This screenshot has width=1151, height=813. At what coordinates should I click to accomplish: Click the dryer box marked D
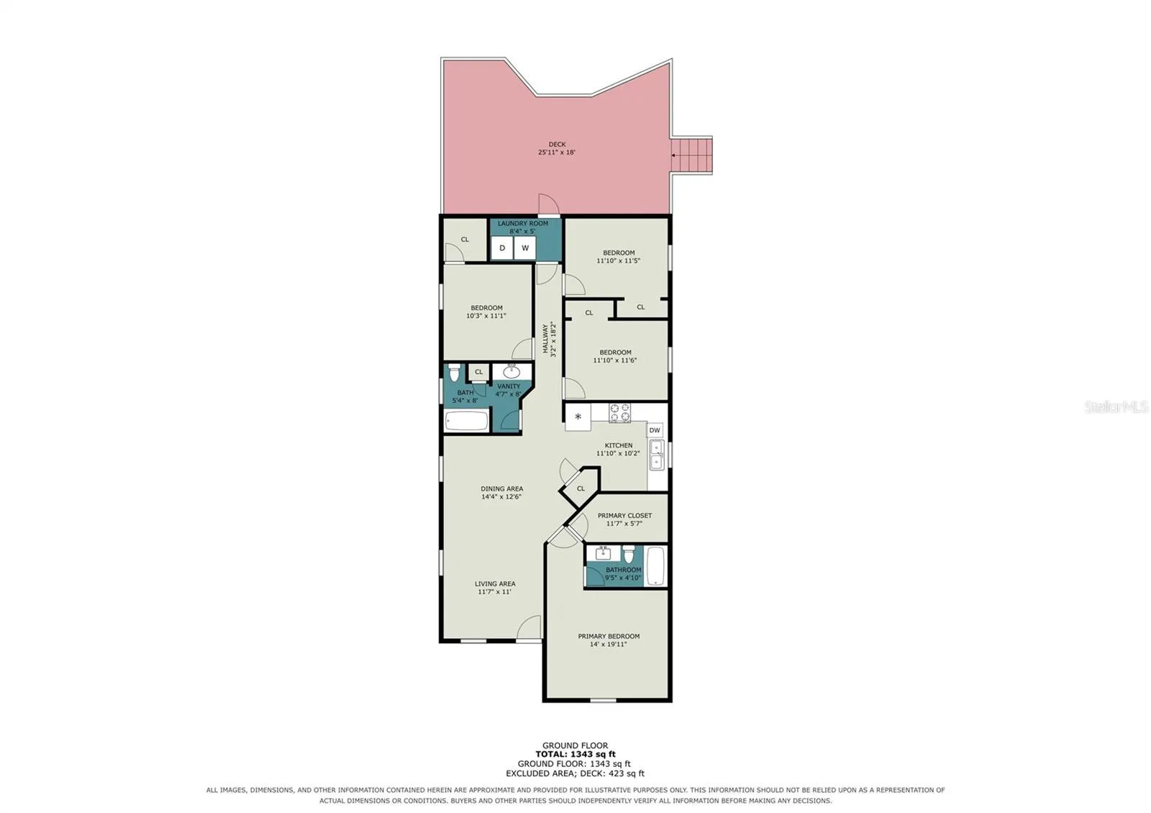pos(502,247)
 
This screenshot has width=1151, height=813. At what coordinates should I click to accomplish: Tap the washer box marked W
pos(524,247)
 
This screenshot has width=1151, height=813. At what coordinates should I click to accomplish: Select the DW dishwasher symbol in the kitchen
pos(654,430)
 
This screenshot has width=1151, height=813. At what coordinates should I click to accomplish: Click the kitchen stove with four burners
pos(619,413)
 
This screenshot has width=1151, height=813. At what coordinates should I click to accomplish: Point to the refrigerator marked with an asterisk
pos(578,417)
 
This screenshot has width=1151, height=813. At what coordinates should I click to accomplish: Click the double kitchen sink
pos(656,455)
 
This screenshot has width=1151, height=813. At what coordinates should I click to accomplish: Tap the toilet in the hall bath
pos(454,373)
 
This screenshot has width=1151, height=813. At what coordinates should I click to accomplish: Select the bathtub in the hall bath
pos(467,421)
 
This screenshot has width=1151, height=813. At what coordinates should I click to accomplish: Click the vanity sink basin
pos(511,371)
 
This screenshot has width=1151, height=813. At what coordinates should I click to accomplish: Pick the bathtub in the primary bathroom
pos(655,566)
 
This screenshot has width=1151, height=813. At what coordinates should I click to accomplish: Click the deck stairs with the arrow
pos(691,155)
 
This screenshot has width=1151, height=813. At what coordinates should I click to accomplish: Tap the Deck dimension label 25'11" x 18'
pos(557,152)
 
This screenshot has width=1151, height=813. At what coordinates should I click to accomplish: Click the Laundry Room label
pos(522,224)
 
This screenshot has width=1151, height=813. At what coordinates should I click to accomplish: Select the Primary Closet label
pos(624,515)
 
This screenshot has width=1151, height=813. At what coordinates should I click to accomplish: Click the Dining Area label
pos(501,489)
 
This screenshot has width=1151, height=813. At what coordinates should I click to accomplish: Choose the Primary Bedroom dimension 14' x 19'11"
pos(609,644)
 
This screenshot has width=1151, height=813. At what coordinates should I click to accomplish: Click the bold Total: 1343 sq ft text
pos(575,755)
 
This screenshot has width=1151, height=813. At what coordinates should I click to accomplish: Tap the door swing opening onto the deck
pos(549,204)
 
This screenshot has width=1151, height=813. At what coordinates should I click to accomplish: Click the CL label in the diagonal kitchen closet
pos(581,489)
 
